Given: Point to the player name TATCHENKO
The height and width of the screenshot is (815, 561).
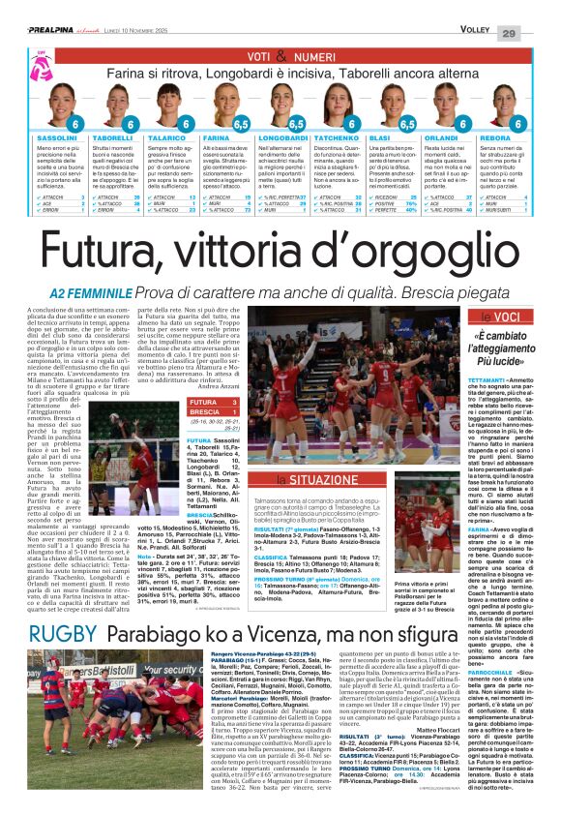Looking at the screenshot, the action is pyautogui.click(x=339, y=139).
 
